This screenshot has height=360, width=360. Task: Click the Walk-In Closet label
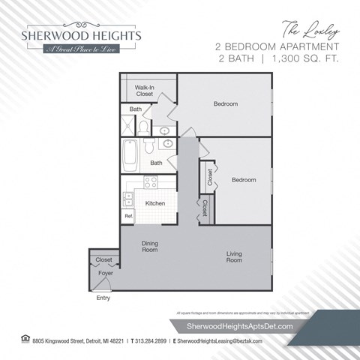[145, 91]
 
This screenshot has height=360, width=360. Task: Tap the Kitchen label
[155, 203]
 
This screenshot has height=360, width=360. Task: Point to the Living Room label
[235, 257]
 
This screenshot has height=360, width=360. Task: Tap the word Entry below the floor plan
[103, 298]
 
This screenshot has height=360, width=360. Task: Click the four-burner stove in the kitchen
[150, 181]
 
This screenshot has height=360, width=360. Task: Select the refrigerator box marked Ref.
[128, 216]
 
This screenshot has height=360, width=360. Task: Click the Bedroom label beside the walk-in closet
[225, 103]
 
